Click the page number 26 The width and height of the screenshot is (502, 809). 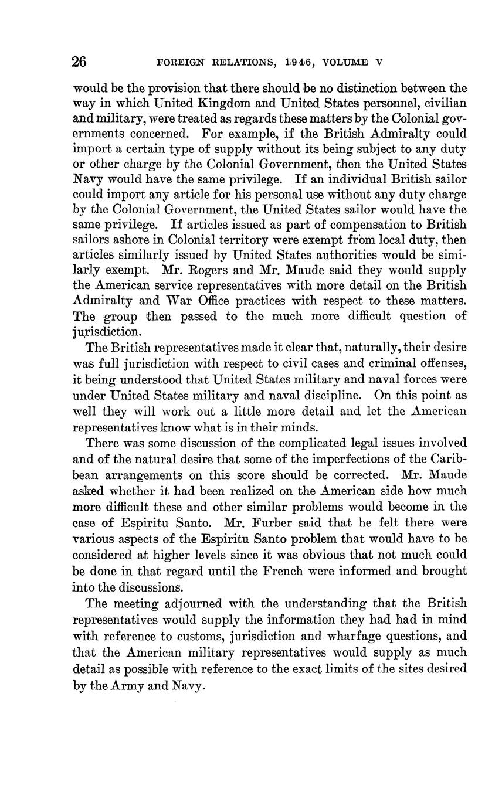point(80,62)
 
